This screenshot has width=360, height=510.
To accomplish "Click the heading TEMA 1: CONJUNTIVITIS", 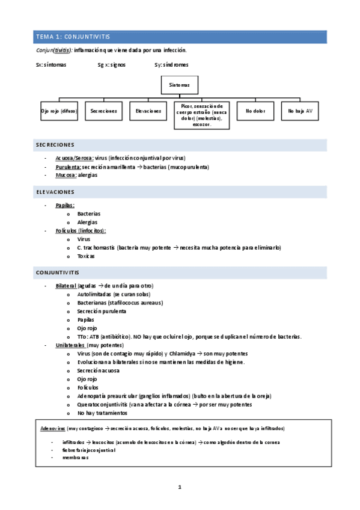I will pos(73,37).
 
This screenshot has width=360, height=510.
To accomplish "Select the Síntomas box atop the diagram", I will pos(178,85).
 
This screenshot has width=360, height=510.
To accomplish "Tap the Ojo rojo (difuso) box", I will pos(59,111).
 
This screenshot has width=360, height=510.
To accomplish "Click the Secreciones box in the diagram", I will pos(103,111).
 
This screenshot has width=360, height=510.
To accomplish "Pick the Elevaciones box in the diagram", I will pos(148,111).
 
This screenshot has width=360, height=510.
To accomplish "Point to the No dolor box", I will pos(255,111).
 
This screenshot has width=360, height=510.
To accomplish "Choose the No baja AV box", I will pos(300,111).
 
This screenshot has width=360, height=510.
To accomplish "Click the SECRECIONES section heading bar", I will pos(180,145).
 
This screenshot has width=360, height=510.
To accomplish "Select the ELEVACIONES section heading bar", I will pos(180,192).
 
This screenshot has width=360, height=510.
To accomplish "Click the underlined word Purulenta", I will pos(68,167).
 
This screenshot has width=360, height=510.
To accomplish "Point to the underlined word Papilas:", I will pos(65,205).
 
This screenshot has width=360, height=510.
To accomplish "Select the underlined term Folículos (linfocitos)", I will pos(81,230).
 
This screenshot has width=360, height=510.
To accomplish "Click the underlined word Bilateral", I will pos(66,286).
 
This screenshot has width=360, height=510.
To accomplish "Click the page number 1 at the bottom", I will pos(180,486).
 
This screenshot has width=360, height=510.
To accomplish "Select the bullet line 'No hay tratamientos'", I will pos(102,413).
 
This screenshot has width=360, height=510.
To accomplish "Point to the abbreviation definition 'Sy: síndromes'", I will pos(171,64).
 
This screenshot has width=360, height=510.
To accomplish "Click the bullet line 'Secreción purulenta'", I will pos(102,312).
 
